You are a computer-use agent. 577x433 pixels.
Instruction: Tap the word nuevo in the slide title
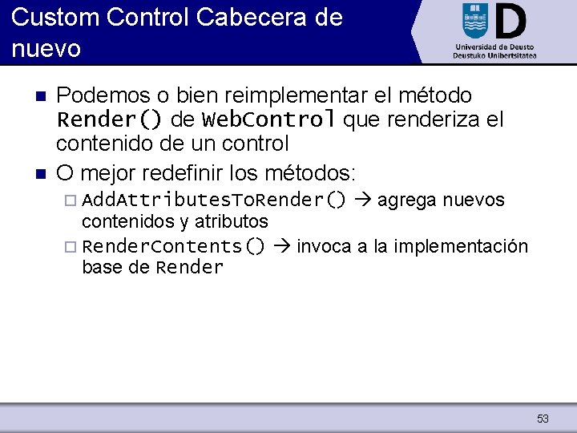pyautogui.click(x=46, y=49)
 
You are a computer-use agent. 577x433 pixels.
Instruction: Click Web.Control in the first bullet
pyautogui.click(x=268, y=120)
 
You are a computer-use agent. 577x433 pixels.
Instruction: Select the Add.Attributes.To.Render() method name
pyautogui.click(x=214, y=200)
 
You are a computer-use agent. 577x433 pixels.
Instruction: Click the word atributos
pyautogui.click(x=231, y=221)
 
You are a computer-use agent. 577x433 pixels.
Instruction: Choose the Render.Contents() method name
pyautogui.click(x=174, y=246)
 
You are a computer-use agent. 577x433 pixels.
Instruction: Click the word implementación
pyautogui.click(x=462, y=246)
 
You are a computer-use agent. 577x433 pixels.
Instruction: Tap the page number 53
pyautogui.click(x=543, y=419)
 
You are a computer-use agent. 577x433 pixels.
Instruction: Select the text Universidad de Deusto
pyautogui.click(x=494, y=47)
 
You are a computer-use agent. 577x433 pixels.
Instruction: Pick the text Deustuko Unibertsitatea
pyautogui.click(x=494, y=56)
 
